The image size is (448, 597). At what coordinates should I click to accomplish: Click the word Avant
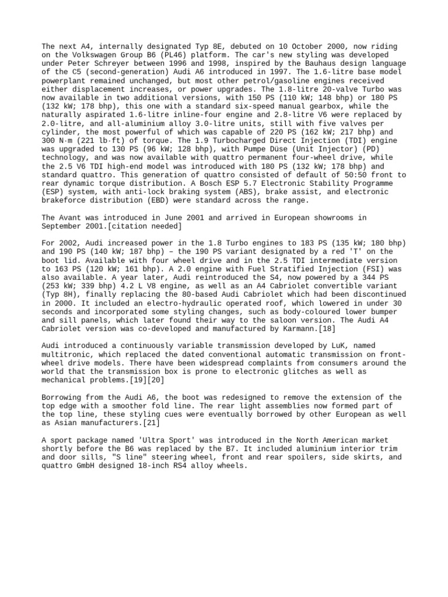pyautogui.click(x=72, y=218)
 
